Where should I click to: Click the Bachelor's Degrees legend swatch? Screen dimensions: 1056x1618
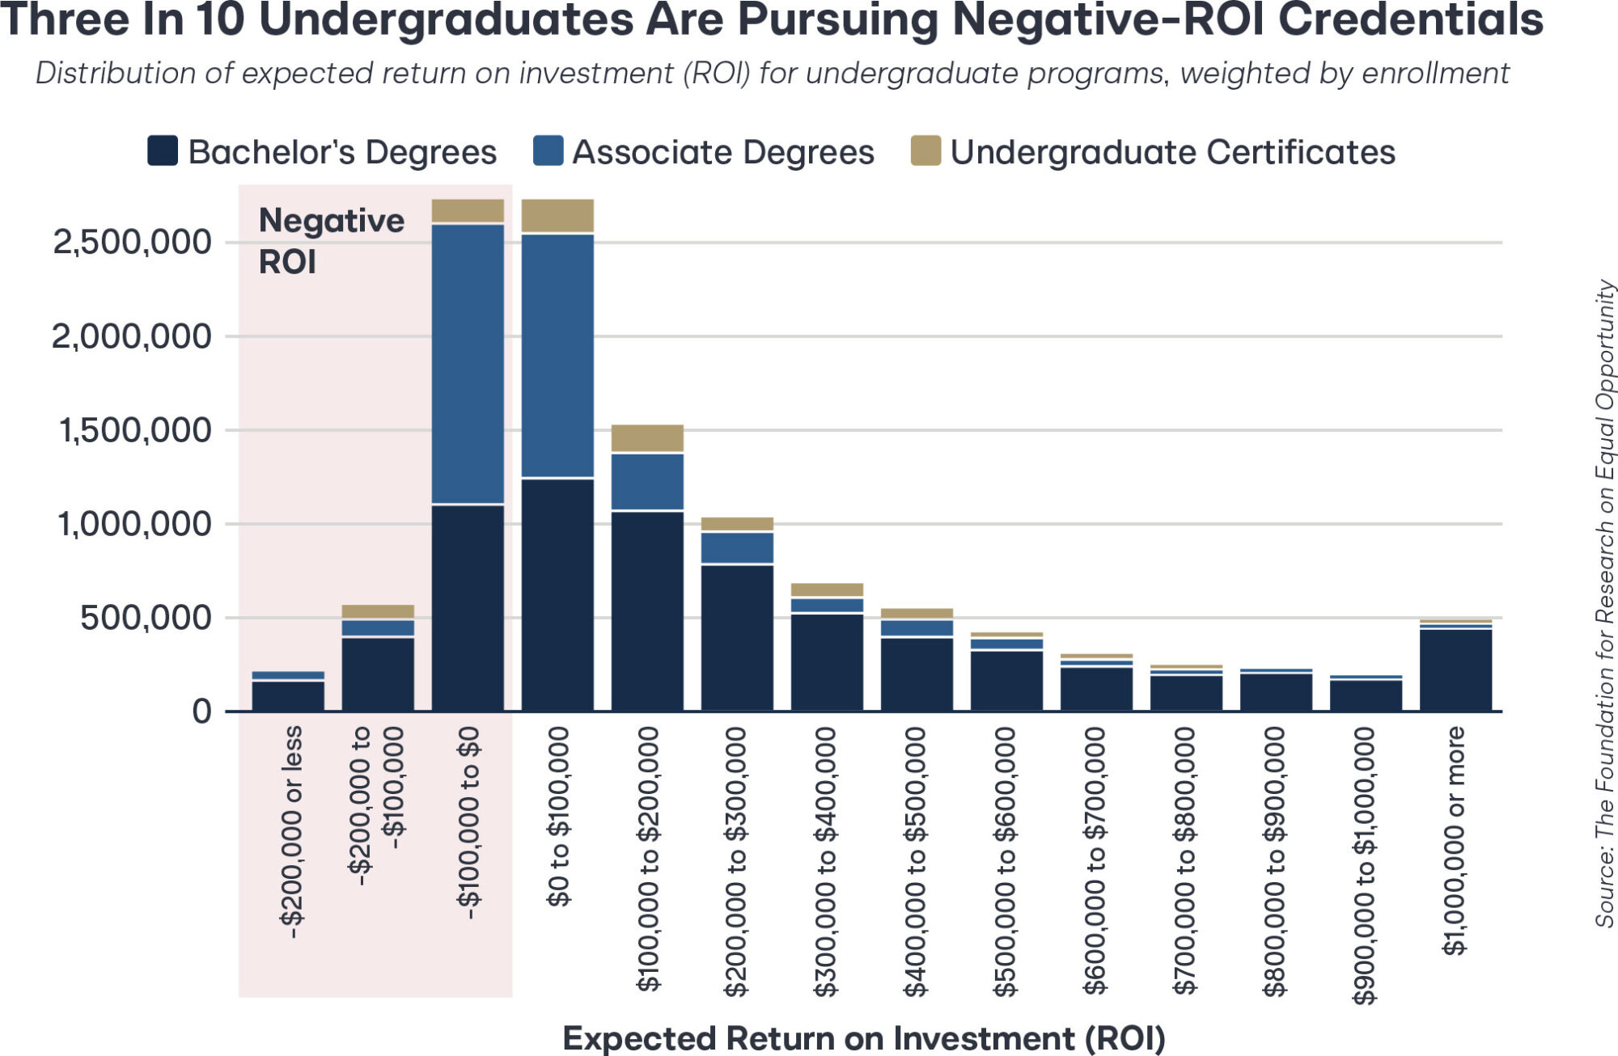(163, 151)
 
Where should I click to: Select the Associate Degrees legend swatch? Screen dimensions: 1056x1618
(548, 151)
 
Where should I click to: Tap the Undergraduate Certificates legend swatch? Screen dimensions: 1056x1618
(925, 151)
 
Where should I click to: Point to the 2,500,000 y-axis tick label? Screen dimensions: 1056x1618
(132, 242)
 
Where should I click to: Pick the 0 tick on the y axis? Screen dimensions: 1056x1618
(201, 712)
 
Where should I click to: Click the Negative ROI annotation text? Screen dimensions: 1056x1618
(330, 241)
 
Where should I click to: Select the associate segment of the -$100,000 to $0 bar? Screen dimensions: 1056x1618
(468, 364)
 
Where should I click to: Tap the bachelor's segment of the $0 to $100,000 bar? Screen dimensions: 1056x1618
(557, 594)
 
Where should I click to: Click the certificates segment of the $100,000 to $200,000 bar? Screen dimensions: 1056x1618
(647, 438)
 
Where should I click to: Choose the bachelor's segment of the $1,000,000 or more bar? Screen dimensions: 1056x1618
(1455, 670)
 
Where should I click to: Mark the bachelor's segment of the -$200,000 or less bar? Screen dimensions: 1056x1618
(288, 696)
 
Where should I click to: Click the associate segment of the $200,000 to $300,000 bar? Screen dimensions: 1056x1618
(737, 547)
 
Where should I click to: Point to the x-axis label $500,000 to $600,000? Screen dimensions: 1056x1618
(1006, 861)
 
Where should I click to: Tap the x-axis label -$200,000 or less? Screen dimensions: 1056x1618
(291, 832)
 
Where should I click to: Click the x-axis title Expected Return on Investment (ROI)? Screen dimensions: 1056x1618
(863, 1038)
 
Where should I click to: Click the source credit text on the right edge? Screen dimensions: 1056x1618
(1604, 603)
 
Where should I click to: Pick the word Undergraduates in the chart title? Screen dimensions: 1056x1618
(446, 19)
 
